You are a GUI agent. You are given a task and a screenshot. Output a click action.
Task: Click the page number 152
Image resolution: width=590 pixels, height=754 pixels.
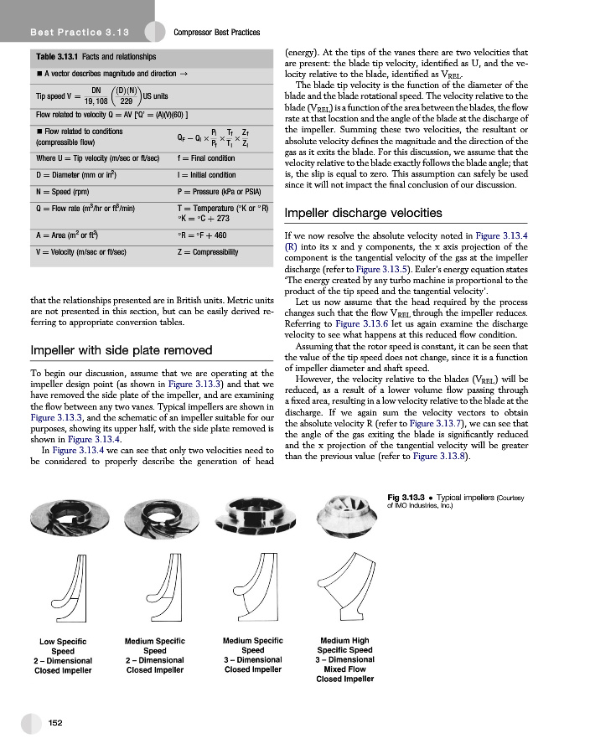tap(57, 722)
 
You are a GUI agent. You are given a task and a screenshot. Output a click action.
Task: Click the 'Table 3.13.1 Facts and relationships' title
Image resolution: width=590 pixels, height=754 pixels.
tap(96, 56)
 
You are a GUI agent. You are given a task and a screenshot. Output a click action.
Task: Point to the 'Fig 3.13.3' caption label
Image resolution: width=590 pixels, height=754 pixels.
tap(408, 496)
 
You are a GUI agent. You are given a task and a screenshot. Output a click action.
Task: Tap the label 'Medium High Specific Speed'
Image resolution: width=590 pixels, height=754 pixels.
tap(344, 645)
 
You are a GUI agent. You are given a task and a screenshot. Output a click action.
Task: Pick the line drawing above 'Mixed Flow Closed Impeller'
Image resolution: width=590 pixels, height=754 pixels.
tap(345, 590)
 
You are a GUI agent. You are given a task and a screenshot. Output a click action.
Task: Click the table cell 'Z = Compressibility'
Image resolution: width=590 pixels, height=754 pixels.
tap(208, 251)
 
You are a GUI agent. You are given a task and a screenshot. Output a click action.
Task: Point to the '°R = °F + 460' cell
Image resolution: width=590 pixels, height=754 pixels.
tap(204, 235)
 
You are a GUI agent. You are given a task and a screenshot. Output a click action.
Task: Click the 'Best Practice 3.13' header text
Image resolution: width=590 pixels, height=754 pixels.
tap(70, 32)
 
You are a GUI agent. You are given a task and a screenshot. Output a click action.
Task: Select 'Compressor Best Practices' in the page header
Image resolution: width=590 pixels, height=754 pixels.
tap(216, 33)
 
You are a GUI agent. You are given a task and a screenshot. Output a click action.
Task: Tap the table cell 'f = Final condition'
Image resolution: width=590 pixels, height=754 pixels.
tap(206, 158)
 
